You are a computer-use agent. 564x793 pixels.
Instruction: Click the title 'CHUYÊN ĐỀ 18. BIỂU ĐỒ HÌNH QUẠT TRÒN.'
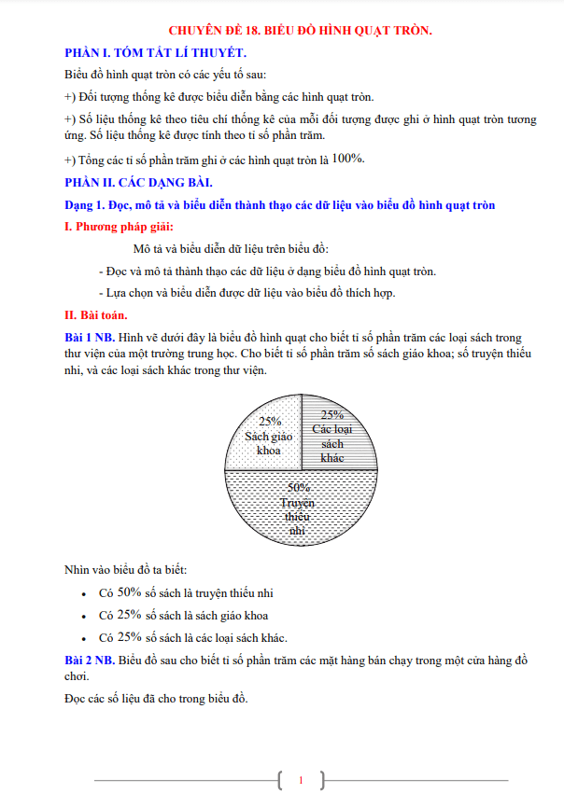click(x=298, y=32)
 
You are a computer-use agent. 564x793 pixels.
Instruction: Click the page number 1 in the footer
click(x=301, y=779)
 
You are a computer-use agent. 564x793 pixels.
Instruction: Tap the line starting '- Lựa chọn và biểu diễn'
click(x=247, y=293)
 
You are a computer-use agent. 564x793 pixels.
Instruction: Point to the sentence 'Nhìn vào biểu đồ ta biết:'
click(x=126, y=569)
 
